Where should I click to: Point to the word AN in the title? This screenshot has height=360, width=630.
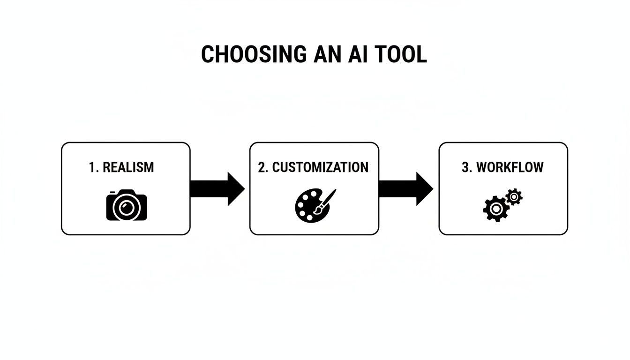[x=324, y=55]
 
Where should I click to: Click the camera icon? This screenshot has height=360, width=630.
[x=126, y=205]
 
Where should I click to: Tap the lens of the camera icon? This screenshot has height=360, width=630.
[x=126, y=207]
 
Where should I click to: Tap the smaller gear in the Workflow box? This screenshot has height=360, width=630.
[x=514, y=197]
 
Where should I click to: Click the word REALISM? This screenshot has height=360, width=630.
[x=128, y=167]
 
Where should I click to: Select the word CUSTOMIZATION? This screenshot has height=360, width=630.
[x=320, y=167]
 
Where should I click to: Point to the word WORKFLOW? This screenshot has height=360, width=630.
[x=510, y=167]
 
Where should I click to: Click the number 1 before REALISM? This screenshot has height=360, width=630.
[x=92, y=167]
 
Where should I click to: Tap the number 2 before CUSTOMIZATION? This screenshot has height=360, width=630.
[x=262, y=167]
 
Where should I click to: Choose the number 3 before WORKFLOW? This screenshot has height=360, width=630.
[x=465, y=167]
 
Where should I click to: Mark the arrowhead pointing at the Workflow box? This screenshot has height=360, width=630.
[x=424, y=189]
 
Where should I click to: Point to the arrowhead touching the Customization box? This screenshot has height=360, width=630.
[x=236, y=189]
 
